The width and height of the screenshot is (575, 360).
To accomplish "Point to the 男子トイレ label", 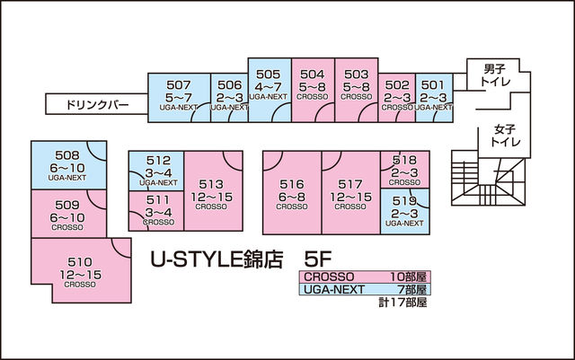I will pyautogui.click(x=495, y=75).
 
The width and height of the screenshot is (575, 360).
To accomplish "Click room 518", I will pyautogui.click(x=404, y=167).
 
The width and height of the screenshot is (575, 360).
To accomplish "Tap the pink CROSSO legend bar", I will pyautogui.click(x=365, y=277).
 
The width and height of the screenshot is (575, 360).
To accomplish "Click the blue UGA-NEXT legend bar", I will pyautogui.click(x=365, y=290).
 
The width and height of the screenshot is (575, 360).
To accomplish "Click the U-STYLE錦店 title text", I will pyautogui.click(x=216, y=261).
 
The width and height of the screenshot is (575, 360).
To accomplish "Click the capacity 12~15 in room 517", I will pyautogui.click(x=350, y=197).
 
